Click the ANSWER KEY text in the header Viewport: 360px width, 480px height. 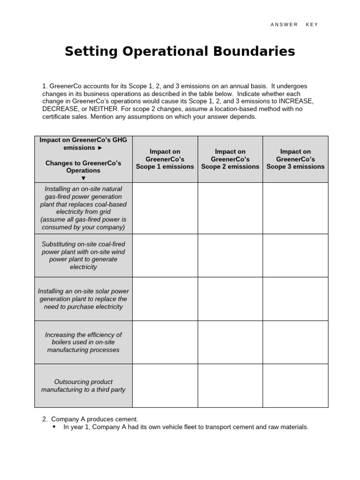click(x=294, y=24)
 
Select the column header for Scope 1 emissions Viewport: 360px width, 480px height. click(x=165, y=159)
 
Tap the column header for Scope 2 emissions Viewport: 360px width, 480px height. click(x=230, y=159)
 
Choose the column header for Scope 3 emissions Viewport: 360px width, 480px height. click(x=295, y=159)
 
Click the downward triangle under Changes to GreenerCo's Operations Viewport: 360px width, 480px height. click(x=83, y=178)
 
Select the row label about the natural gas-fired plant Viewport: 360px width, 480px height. click(x=83, y=208)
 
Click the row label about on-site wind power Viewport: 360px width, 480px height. click(x=83, y=255)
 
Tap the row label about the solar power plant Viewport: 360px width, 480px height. click(x=83, y=299)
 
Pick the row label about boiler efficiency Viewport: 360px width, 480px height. click(x=83, y=342)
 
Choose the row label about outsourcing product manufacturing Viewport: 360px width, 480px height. click(x=83, y=386)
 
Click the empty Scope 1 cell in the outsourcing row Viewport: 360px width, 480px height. click(x=165, y=386)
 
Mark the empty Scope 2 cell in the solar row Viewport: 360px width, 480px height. click(x=230, y=299)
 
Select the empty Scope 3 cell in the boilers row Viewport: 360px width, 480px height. click(x=295, y=342)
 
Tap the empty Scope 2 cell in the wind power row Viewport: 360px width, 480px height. click(x=230, y=255)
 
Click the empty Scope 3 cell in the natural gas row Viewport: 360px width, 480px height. click(x=295, y=208)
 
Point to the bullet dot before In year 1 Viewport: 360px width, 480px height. click(x=54, y=427)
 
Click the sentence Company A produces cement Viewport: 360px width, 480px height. click(x=94, y=419)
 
